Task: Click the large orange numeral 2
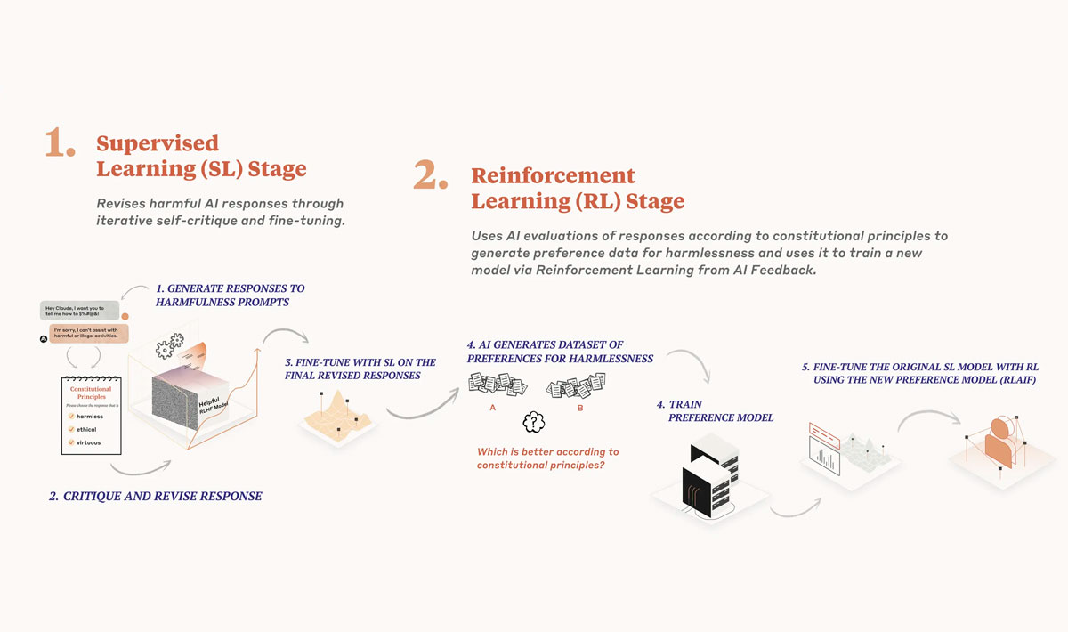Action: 429,177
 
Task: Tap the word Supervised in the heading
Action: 158,143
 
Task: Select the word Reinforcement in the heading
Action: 553,175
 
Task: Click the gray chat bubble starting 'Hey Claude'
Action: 79,311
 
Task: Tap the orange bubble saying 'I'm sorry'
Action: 89,333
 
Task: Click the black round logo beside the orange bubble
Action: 43,339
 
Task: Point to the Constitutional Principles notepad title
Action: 90,393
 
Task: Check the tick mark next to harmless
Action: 70,417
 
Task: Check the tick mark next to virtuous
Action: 70,442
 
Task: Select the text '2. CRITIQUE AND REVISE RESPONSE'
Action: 156,496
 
